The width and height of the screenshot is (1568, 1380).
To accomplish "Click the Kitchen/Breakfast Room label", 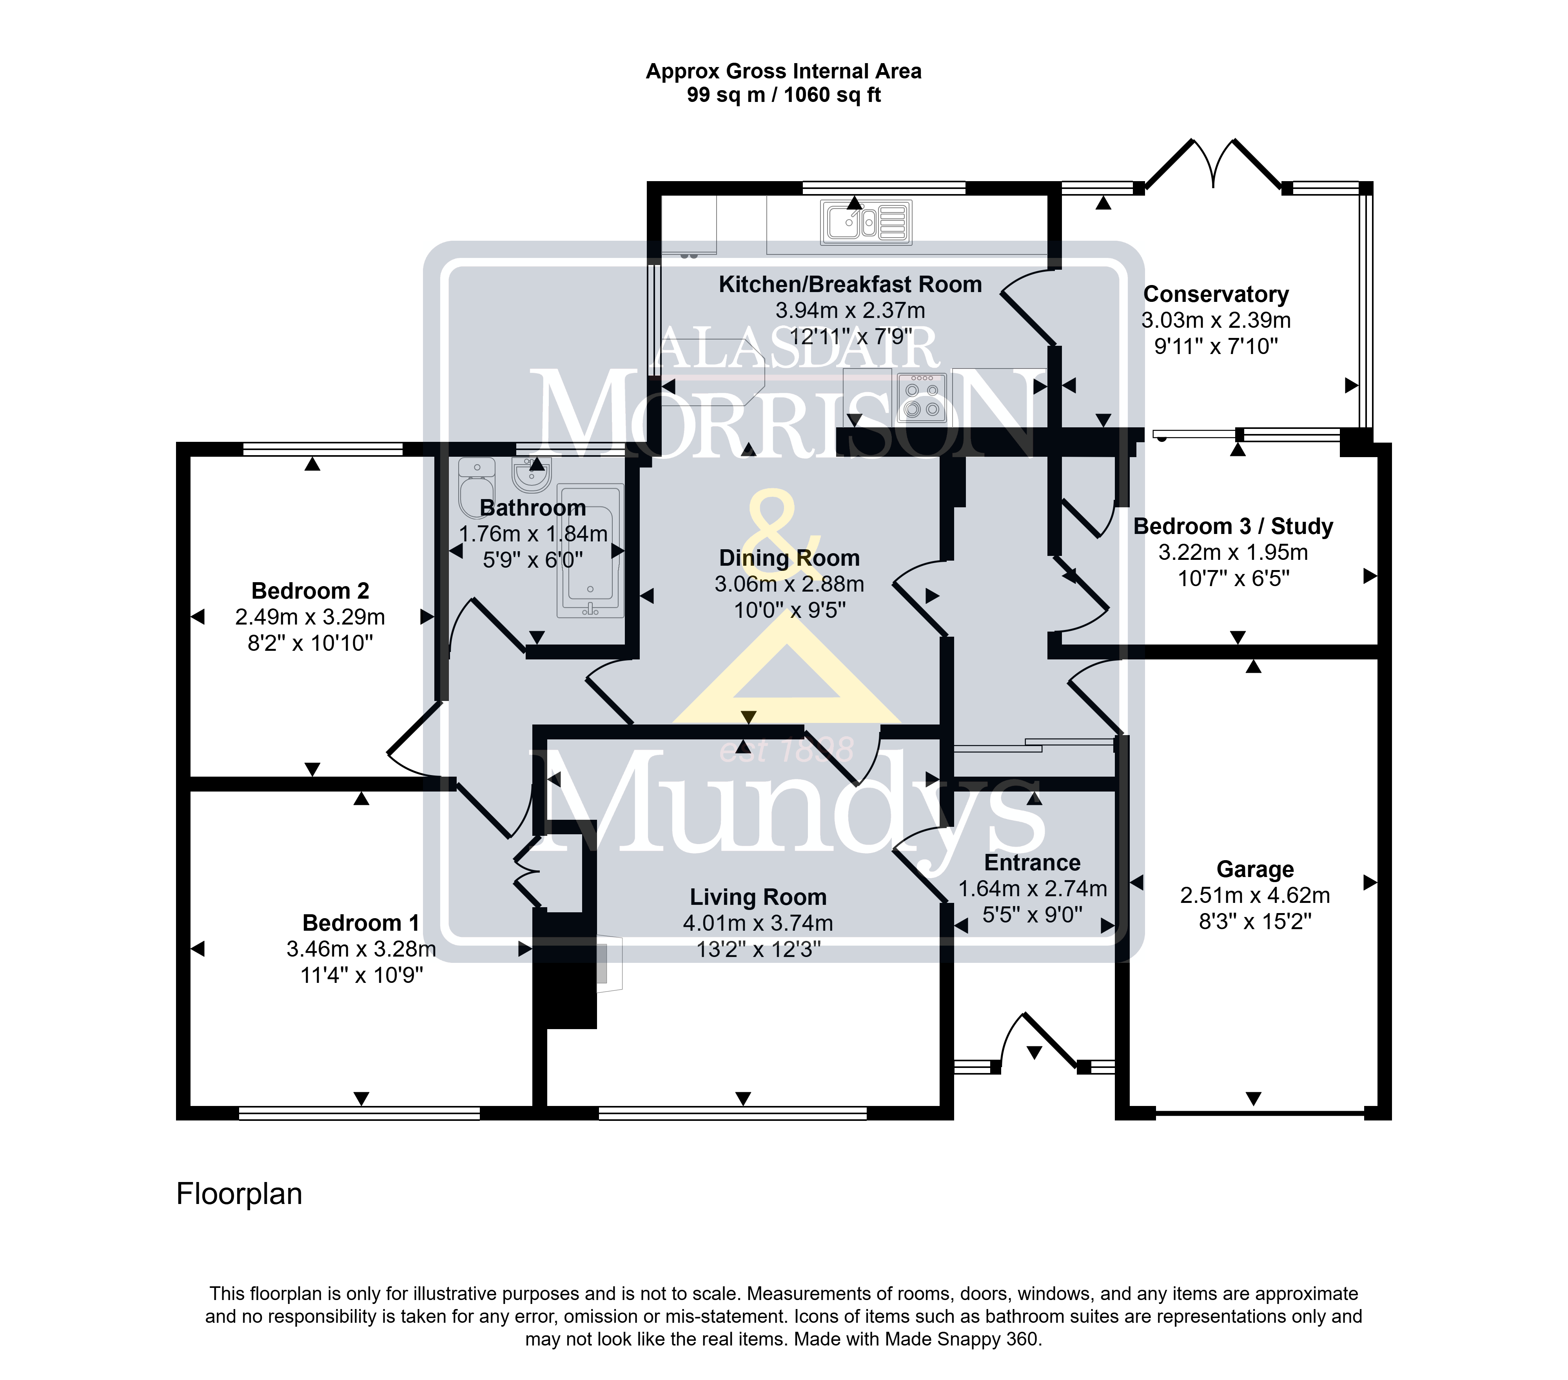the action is (x=850, y=285).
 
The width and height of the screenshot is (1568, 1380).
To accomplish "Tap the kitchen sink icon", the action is (x=866, y=223).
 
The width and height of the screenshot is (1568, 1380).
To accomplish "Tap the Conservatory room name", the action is (x=1216, y=294).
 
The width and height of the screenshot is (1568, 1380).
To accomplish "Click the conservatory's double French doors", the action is (x=1213, y=165).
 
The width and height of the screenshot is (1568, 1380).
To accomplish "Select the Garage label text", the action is (x=1255, y=869).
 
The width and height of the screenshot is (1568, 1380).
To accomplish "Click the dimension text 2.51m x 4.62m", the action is (x=1255, y=895).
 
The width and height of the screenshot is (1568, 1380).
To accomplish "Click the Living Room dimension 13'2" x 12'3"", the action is (x=758, y=950).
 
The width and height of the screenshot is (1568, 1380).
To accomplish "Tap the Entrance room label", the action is (x=1033, y=863).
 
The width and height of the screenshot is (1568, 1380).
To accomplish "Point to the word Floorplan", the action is (x=240, y=1194).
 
